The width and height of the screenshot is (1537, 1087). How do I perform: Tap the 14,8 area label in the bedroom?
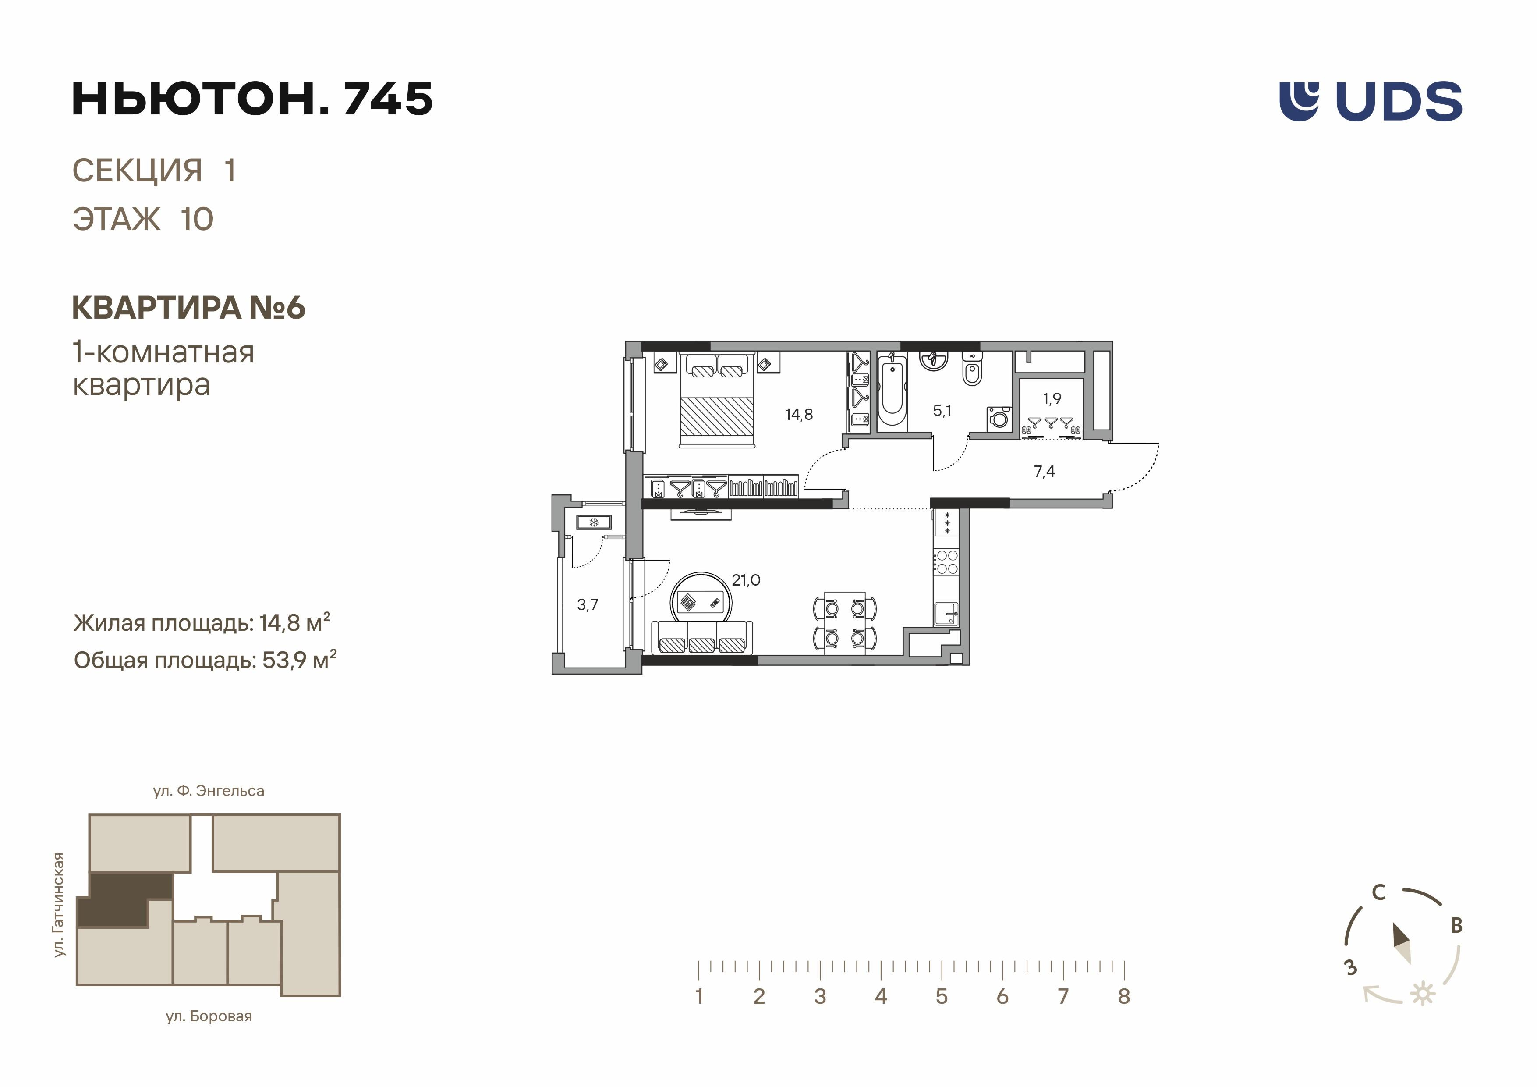[799, 415]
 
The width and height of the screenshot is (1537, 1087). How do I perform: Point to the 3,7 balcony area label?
[587, 605]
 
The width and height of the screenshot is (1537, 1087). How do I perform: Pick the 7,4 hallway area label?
[1044, 472]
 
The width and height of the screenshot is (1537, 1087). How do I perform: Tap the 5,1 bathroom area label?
[942, 411]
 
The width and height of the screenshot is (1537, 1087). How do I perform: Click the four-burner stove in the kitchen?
[946, 561]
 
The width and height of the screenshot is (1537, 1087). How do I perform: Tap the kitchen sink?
[946, 614]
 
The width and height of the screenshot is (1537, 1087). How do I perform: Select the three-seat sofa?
[701, 638]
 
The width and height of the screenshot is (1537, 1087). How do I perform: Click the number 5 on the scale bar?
[941, 997]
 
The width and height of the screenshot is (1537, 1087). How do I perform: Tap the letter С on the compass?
[1378, 892]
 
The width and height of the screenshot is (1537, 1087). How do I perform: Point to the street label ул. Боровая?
[209, 1016]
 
